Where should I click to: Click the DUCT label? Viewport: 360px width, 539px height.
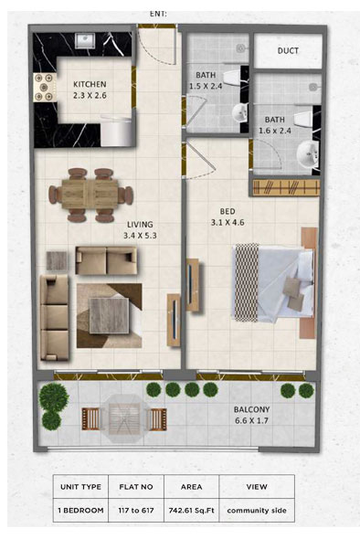click(288, 51)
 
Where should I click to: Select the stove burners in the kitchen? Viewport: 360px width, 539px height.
click(45, 88)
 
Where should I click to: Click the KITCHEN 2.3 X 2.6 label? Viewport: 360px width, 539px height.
click(90, 90)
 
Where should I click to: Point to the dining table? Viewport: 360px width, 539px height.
click(90, 195)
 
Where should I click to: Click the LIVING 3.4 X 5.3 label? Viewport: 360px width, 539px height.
click(140, 230)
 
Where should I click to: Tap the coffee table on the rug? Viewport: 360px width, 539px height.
click(109, 315)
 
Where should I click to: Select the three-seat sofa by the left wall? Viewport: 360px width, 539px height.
click(54, 317)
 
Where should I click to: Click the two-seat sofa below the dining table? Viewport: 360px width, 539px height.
click(106, 260)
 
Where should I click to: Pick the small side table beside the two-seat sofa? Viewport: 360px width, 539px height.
click(57, 261)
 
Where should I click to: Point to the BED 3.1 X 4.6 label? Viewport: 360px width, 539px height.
click(228, 217)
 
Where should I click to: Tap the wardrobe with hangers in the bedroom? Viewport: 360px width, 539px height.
click(286, 187)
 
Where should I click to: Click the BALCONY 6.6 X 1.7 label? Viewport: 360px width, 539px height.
click(251, 415)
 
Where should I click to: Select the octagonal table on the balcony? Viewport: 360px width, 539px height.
click(124, 418)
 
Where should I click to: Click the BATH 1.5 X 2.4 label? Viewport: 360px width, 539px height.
click(206, 80)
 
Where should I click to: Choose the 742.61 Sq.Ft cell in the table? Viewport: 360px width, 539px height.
click(192, 510)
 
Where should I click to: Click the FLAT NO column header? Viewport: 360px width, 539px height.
click(136, 487)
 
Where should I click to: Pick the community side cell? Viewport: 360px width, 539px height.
click(257, 510)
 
